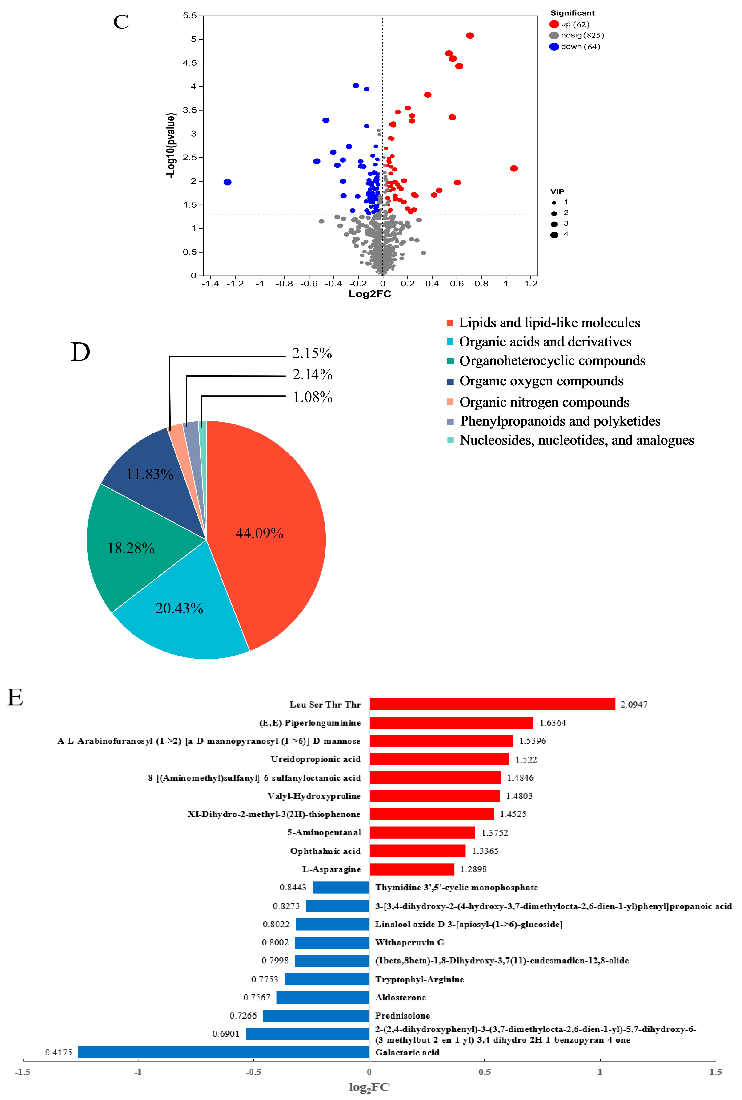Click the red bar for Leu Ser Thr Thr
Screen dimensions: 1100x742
click(492, 704)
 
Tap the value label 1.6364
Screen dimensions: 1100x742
click(552, 723)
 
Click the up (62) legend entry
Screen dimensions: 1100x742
click(575, 24)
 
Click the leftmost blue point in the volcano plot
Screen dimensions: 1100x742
click(228, 182)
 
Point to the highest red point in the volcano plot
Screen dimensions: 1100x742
click(469, 36)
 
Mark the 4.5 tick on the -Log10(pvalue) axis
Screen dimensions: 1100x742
click(190, 63)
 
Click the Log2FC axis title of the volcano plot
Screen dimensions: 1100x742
click(370, 294)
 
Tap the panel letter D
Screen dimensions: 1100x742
click(80, 352)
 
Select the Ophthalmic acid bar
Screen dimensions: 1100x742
click(417, 851)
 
